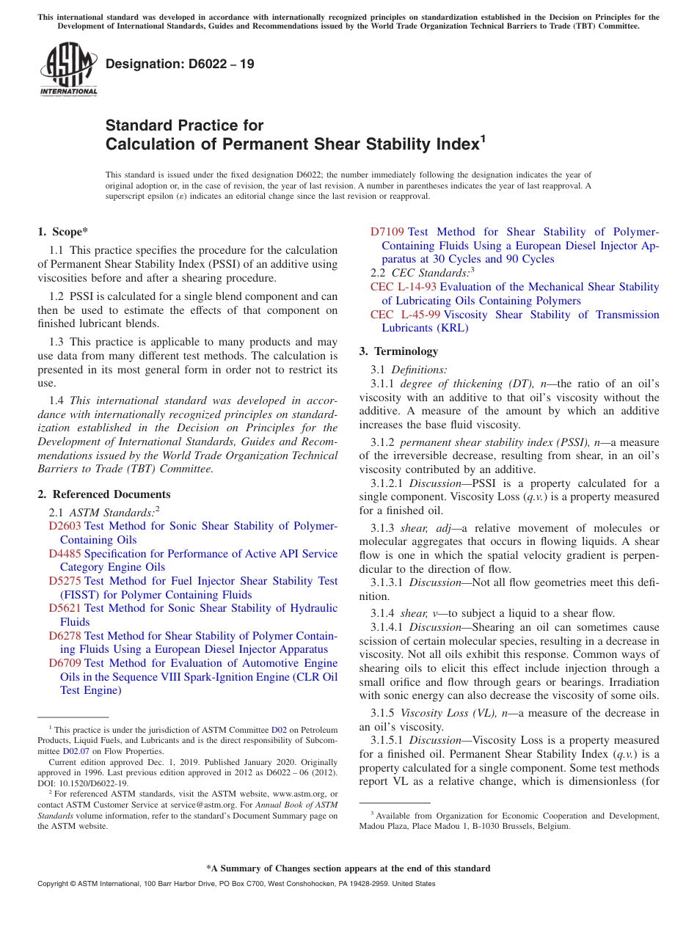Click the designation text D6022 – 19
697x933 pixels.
point(180,64)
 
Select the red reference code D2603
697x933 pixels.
point(65,526)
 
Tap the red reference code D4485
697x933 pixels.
point(65,554)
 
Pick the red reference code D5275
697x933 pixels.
point(65,581)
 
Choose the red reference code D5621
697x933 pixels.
point(65,608)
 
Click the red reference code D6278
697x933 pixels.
point(65,636)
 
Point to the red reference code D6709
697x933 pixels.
point(65,663)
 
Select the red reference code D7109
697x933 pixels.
point(387,232)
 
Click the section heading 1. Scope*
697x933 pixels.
point(62,232)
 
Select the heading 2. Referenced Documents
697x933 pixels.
point(104,494)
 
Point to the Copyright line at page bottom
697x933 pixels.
point(236,884)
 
